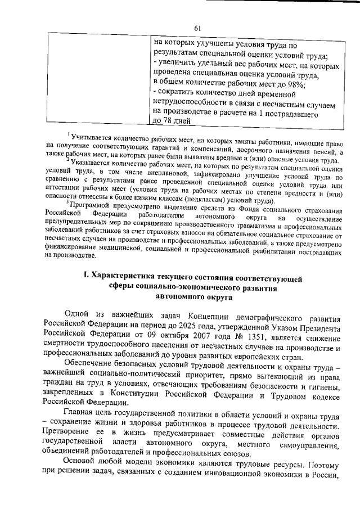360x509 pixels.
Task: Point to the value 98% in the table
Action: (295, 85)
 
